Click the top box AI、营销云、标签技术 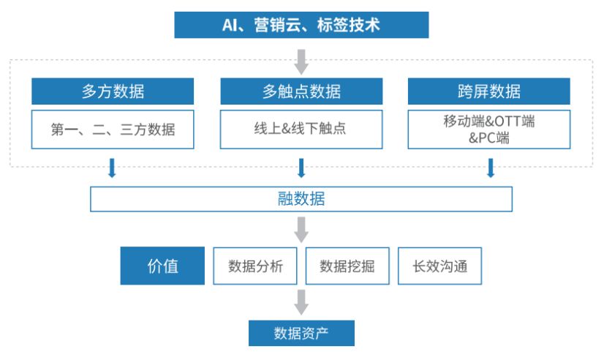[x=301, y=25]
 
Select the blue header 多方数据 [x=113, y=91]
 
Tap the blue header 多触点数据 [x=301, y=91]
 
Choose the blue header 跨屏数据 [x=488, y=91]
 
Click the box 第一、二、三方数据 [x=113, y=130]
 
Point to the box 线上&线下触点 [x=301, y=130]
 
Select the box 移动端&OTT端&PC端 [x=488, y=130]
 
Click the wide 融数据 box [x=301, y=199]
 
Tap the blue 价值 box [x=162, y=266]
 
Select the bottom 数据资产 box [x=301, y=334]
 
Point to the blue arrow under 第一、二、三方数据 [x=112, y=168]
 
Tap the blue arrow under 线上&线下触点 [x=301, y=168]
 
